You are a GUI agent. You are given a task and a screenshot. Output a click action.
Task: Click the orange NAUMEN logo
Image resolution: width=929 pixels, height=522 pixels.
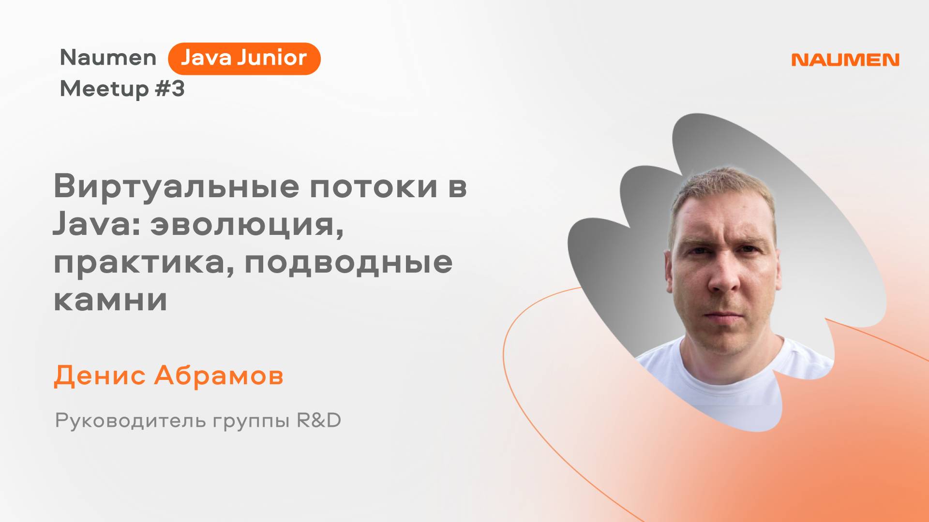tap(845, 60)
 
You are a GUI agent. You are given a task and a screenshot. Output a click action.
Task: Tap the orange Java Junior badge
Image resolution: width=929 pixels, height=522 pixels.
tap(244, 58)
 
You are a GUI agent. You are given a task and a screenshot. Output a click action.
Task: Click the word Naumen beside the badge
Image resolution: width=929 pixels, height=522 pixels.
tap(108, 58)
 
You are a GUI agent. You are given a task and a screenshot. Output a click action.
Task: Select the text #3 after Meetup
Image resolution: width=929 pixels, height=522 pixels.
tap(170, 89)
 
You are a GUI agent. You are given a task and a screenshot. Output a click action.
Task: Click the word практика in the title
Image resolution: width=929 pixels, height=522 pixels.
tap(140, 263)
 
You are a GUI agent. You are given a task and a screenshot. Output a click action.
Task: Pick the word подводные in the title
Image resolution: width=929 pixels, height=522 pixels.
tap(348, 263)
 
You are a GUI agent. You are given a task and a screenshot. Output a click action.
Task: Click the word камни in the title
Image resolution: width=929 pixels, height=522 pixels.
tap(110, 300)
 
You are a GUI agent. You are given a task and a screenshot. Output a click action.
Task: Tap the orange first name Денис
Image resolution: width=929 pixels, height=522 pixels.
tap(99, 376)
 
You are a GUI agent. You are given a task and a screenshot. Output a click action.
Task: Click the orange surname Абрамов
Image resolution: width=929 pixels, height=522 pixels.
tap(219, 376)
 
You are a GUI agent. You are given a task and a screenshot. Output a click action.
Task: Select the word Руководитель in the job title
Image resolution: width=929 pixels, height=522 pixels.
tap(131, 421)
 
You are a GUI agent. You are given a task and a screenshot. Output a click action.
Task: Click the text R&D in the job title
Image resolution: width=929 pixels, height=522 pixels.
tap(319, 420)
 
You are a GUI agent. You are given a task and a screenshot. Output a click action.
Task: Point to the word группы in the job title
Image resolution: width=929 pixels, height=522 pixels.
tap(251, 422)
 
